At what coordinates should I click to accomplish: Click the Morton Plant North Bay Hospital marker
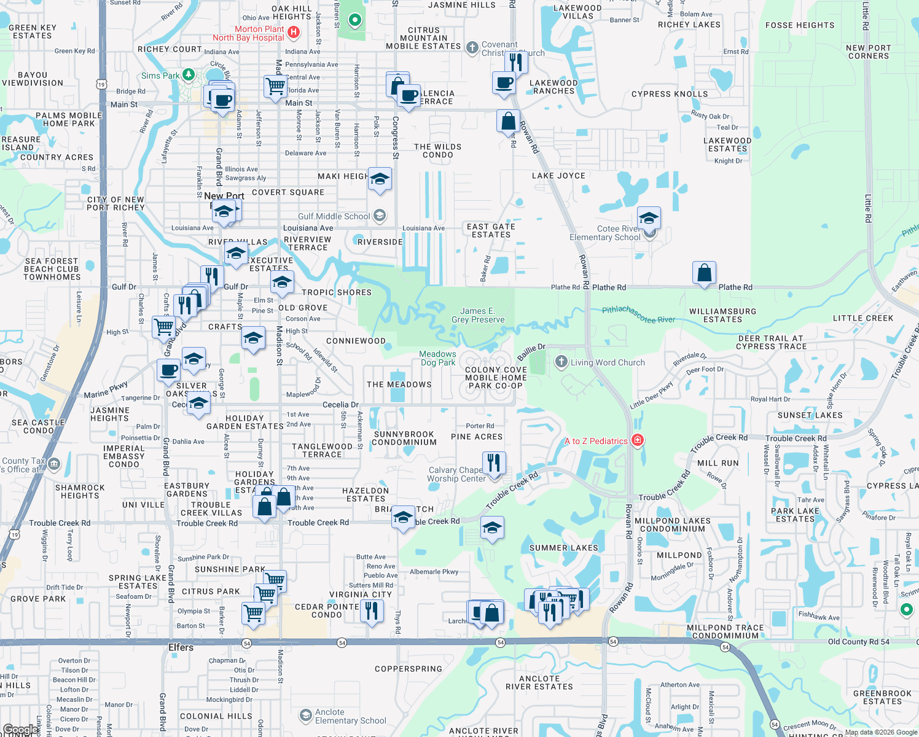tap(294, 32)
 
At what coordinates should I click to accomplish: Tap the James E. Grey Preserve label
tap(478, 315)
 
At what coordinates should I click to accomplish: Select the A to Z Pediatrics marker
tap(638, 440)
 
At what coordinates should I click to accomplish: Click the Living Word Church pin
tap(561, 362)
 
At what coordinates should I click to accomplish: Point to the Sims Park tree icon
tap(189, 75)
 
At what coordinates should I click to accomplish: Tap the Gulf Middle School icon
tap(380, 216)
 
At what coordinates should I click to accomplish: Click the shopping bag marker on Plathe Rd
tap(704, 273)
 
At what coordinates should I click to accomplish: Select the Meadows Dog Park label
tap(437, 358)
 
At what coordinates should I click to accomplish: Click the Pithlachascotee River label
tap(638, 314)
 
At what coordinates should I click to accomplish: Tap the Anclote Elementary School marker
tap(305, 716)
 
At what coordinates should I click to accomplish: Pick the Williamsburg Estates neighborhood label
tap(722, 315)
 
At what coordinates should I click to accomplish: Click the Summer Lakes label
tap(563, 548)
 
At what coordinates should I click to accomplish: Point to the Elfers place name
tap(181, 647)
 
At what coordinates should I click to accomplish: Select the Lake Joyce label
tap(558, 176)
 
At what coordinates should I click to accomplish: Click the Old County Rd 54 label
tap(858, 642)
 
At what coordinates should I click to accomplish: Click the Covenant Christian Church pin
tap(472, 47)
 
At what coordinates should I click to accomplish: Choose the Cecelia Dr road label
tap(340, 405)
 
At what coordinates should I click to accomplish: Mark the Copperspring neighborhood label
tap(409, 669)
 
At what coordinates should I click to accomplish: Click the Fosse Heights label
tap(800, 25)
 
